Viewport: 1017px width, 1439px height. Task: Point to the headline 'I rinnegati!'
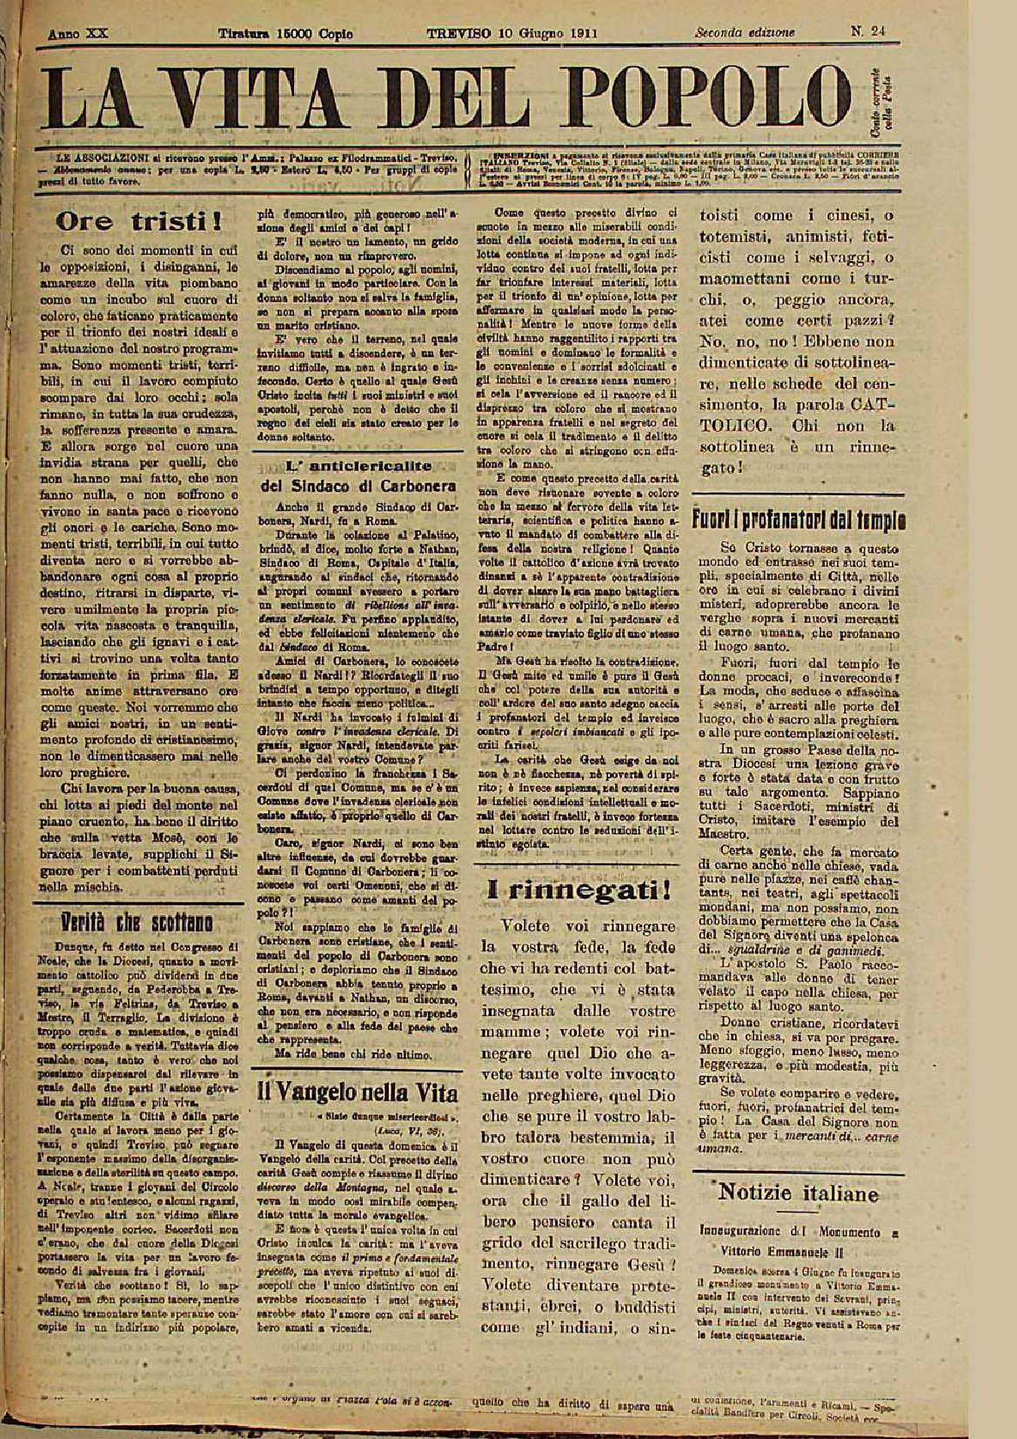point(579,889)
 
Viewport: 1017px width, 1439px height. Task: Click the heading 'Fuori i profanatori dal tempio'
point(799,520)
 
